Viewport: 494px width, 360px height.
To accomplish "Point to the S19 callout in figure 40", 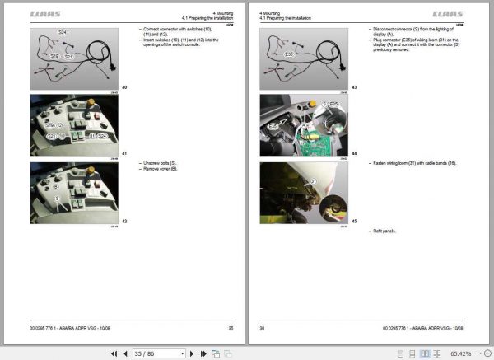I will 53,56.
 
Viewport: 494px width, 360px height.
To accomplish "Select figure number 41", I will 124,153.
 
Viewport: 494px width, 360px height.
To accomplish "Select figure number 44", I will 354,153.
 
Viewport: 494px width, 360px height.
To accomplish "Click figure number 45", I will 354,220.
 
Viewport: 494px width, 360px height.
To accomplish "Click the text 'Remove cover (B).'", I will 161,168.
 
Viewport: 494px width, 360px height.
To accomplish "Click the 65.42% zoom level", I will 460,353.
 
